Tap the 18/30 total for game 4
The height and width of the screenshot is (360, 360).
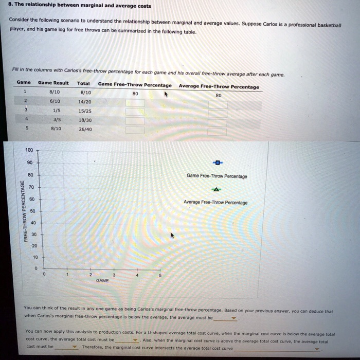85,119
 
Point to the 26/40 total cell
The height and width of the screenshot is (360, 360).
85,129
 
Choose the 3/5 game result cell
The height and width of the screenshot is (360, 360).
56,119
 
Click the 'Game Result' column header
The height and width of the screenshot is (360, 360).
53,83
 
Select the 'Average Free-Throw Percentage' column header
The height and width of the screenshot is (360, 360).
219,86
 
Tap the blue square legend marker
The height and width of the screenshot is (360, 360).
217,163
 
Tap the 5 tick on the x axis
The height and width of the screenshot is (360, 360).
160,275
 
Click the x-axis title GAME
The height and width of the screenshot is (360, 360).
102,281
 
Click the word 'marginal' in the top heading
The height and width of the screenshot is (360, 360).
80,6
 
